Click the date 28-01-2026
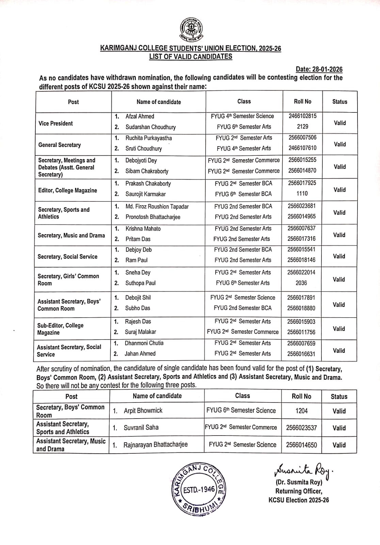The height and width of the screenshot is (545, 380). pyautogui.click(x=319, y=70)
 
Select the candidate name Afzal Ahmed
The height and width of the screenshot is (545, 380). pyautogui.click(x=140, y=116)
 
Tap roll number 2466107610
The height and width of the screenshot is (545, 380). pyautogui.click(x=302, y=148)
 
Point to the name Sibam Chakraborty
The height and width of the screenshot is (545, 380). pyautogui.click(x=147, y=171)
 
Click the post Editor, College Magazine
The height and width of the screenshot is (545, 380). pyautogui.click(x=67, y=190)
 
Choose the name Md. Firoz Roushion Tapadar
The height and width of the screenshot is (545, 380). pyautogui.click(x=157, y=207)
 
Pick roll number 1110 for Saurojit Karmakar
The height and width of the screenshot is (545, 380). pyautogui.click(x=302, y=194)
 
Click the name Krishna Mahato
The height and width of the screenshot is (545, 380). pyautogui.click(x=143, y=228)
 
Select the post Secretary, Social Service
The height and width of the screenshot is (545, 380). pyautogui.click(x=67, y=257)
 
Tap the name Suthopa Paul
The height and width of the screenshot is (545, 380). pyautogui.click(x=140, y=283)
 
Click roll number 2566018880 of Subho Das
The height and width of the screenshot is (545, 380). pyautogui.click(x=301, y=308)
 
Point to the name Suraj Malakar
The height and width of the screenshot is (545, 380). pyautogui.click(x=140, y=332)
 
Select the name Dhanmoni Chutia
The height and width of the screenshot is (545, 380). pyautogui.click(x=144, y=343)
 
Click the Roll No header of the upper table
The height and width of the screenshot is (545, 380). pyautogui.click(x=302, y=102)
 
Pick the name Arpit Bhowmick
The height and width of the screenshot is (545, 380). pyautogui.click(x=143, y=410)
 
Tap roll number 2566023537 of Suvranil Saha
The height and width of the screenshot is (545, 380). pyautogui.click(x=301, y=427)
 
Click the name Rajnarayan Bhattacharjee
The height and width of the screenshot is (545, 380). pyautogui.click(x=155, y=444)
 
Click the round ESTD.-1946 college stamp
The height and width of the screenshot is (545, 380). pyautogui.click(x=198, y=490)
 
